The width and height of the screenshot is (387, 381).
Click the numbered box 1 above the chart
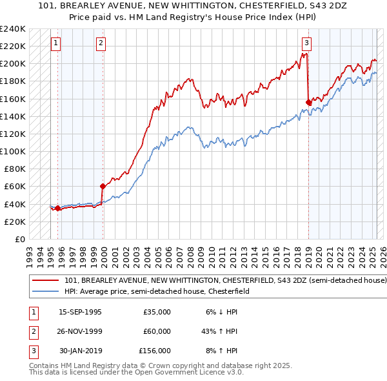coord(56,43)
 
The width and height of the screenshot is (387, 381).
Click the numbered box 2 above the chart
coord(101,43)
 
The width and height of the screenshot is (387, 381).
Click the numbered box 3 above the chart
coord(306,43)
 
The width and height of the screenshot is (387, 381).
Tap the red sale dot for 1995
coord(57,208)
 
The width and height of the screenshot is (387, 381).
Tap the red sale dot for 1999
coord(103,186)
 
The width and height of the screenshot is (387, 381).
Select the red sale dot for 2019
coord(308,101)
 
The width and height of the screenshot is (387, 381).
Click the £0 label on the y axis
coord(19,239)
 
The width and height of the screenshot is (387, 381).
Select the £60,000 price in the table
coord(157,331)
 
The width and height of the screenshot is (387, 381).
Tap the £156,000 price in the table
coord(155,351)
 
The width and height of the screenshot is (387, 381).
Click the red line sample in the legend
coord(45,281)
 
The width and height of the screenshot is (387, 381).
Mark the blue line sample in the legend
coord(45,291)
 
